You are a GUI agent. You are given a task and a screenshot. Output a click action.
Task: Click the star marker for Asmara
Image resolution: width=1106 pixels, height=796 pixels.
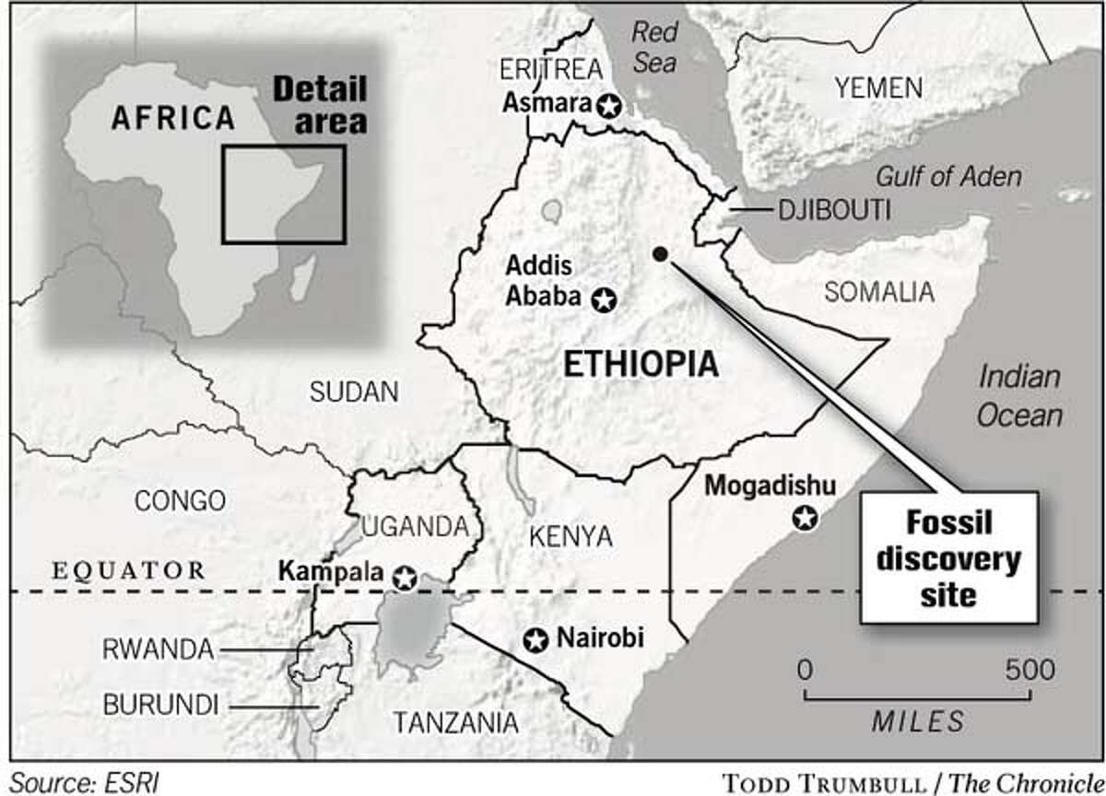(607, 106)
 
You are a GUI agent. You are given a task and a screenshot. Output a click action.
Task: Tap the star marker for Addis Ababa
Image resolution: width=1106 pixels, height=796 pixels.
(604, 299)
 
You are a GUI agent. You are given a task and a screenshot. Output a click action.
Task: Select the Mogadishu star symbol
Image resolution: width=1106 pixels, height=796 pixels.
(806, 519)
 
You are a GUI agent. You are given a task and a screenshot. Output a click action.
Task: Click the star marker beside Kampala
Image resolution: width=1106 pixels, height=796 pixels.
(404, 578)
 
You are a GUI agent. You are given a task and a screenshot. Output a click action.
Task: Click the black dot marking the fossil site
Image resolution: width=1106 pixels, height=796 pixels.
(658, 253)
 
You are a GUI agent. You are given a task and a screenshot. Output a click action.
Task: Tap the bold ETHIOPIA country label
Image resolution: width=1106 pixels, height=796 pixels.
(640, 364)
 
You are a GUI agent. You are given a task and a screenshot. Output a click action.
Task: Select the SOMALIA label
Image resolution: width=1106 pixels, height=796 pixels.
(878, 293)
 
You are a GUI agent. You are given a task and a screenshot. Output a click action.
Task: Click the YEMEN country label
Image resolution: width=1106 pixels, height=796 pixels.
(877, 88)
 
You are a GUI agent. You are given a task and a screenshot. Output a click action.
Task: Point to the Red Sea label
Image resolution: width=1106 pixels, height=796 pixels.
(653, 47)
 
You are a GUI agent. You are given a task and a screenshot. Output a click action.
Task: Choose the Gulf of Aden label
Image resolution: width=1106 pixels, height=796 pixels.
(947, 176)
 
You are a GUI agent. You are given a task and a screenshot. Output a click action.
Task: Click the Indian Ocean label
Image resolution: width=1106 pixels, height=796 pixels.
(1018, 396)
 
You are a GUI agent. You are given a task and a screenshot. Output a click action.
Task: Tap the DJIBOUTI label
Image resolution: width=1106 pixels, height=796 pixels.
(834, 211)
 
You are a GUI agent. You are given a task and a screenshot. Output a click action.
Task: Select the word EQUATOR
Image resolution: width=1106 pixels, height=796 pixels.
(128, 570)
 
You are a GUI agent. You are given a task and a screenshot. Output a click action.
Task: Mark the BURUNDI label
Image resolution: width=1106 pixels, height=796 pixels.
(160, 706)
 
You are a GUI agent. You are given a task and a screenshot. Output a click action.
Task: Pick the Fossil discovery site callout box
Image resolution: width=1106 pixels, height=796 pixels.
(948, 557)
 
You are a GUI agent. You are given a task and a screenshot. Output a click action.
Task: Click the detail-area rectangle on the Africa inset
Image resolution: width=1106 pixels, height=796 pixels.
(283, 194)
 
